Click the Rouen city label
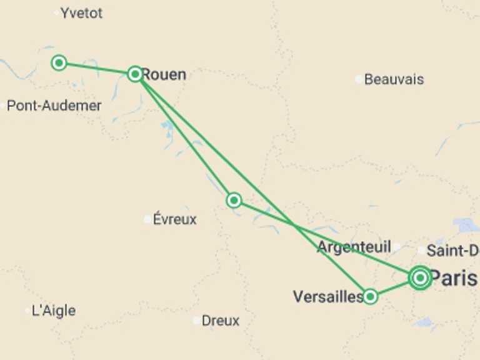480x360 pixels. click(164, 74)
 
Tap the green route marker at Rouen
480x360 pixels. click(135, 74)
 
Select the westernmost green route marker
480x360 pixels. click(59, 62)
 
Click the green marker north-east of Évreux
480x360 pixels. click(234, 200)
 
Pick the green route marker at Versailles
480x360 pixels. click(370, 296)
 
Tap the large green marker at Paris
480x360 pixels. click(420, 277)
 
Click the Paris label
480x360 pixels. click(453, 278)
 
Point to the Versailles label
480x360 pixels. click(327, 296)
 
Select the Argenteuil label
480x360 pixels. click(354, 246)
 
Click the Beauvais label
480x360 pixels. click(394, 79)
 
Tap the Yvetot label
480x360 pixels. click(81, 13)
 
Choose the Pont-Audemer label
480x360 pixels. click(54, 106)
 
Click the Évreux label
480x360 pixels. click(174, 219)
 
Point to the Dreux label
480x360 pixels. click(220, 321)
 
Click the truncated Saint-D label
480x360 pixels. click(452, 251)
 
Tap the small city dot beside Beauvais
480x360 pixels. click(359, 79)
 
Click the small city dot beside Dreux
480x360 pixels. click(197, 321)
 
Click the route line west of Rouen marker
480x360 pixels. click(97, 68)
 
